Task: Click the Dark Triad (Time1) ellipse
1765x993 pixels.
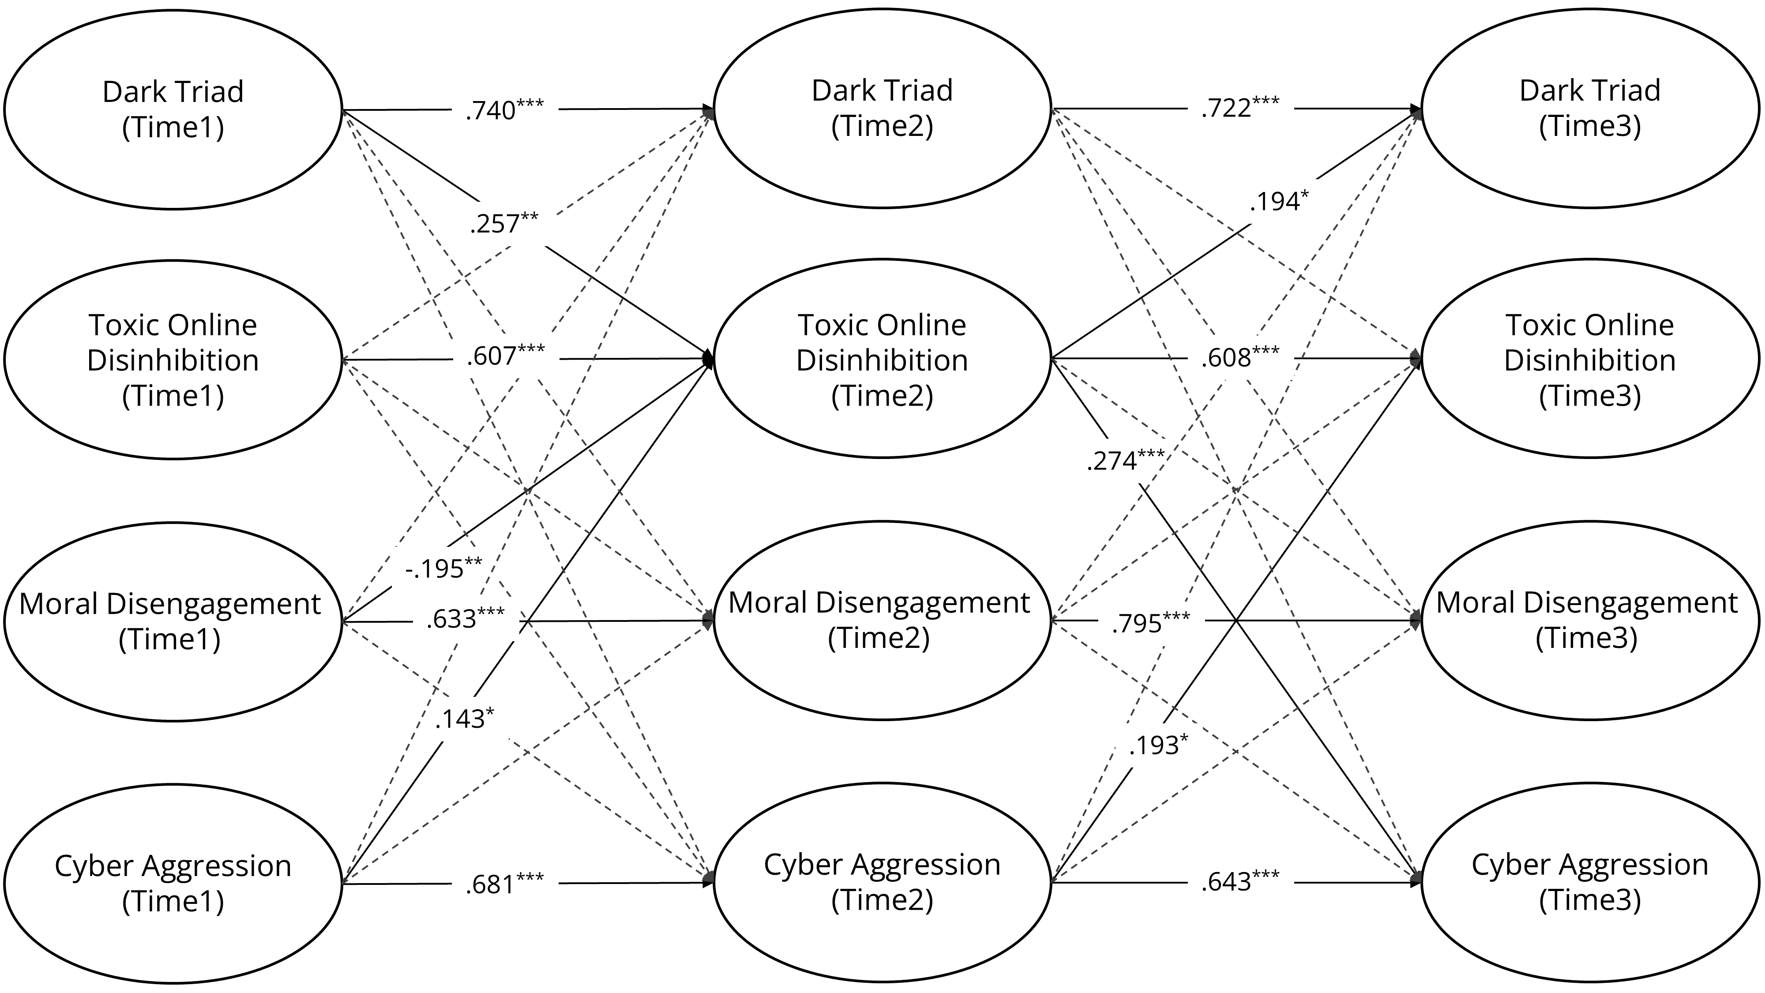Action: point(173,109)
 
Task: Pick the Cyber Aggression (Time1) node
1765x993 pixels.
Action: point(173,884)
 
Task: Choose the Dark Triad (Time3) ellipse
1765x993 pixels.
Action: point(1589,108)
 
